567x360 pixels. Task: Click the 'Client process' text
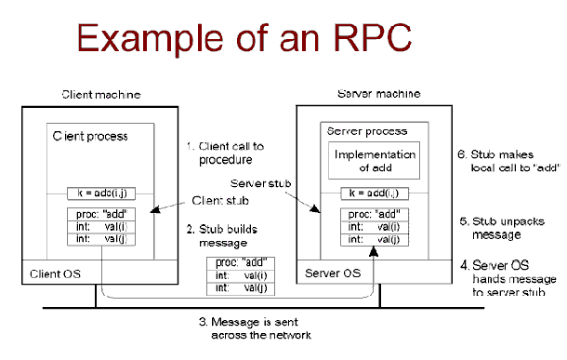[x=89, y=136]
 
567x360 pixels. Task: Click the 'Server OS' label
[x=333, y=273]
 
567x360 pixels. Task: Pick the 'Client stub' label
[x=218, y=200]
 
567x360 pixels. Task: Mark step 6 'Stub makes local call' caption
[x=509, y=159]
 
